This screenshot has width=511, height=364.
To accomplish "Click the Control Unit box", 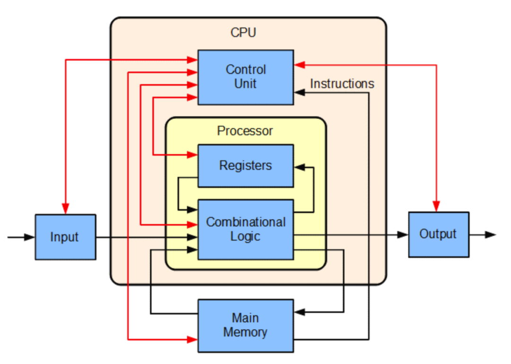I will click(245, 77).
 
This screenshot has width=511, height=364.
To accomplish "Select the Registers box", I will click(245, 165).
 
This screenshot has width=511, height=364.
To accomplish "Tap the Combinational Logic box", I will click(245, 229).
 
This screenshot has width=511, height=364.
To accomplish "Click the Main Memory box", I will click(245, 325).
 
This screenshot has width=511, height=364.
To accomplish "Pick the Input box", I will click(65, 237).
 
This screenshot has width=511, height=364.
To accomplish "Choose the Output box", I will click(438, 234).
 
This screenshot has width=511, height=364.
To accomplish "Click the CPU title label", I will click(243, 33).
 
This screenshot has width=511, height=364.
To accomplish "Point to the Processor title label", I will click(245, 131).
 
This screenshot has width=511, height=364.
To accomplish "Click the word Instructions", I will click(342, 84).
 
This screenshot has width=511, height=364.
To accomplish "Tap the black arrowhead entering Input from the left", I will click(29, 237).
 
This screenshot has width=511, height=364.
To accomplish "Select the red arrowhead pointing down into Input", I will click(65, 208).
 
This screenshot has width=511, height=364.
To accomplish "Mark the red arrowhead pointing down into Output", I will click(436, 206).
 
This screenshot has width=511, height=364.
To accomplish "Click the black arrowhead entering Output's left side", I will click(403, 234).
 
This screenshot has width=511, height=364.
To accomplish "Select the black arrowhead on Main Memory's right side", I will click(300, 312).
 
